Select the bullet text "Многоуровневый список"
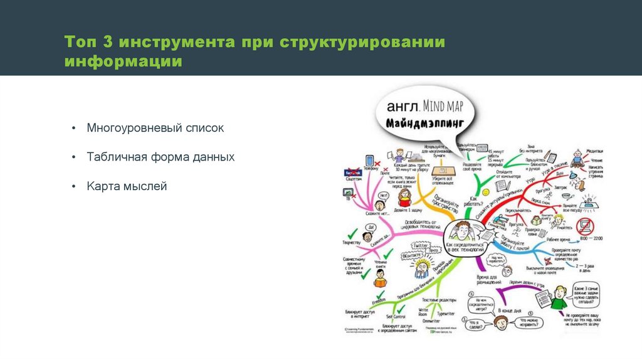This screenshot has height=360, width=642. click(155, 128)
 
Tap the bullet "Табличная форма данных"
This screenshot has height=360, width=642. click(160, 157)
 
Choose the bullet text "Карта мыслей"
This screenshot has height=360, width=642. click(127, 186)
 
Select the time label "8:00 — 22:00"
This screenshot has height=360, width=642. click(591, 239)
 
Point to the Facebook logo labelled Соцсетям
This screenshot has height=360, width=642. click(354, 172)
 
